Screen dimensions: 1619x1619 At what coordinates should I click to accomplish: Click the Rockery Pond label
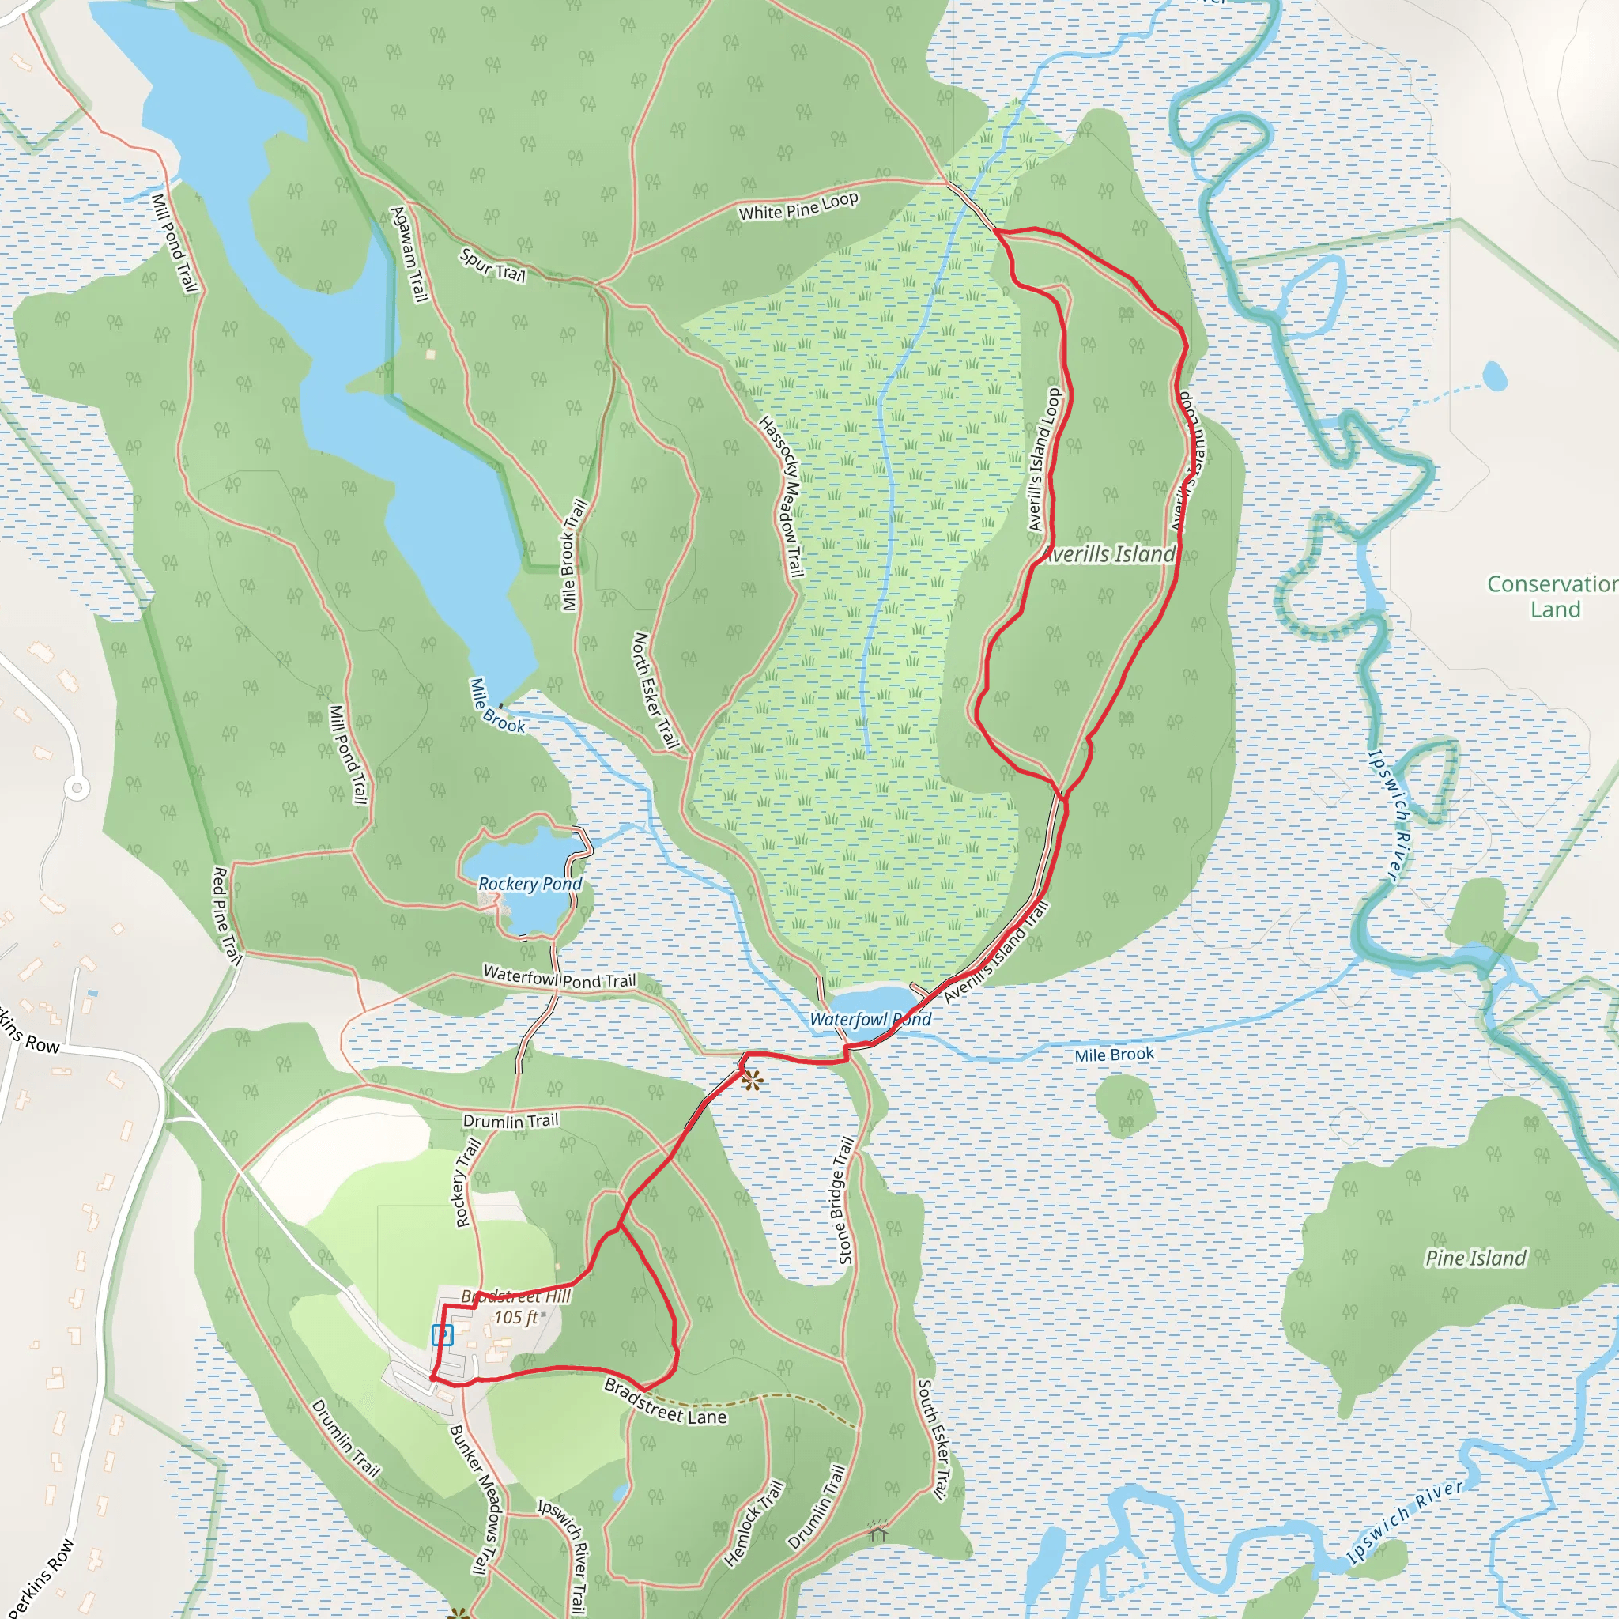pyautogui.click(x=530, y=884)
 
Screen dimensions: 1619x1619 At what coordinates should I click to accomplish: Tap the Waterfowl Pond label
pyautogui.click(x=870, y=1020)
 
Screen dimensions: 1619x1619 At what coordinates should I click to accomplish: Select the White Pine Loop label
pyautogui.click(x=798, y=206)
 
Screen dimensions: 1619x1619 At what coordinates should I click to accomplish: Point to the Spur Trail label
pyautogui.click(x=492, y=266)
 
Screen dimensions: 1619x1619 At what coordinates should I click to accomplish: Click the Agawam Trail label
pyautogui.click(x=409, y=254)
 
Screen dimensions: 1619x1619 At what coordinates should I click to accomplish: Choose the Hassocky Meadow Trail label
pyautogui.click(x=781, y=496)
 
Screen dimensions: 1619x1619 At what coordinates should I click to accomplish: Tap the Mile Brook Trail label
pyautogui.click(x=574, y=555)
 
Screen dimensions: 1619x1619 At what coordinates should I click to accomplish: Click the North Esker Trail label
pyautogui.click(x=655, y=689)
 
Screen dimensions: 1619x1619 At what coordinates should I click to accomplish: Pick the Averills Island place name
pyautogui.click(x=1111, y=554)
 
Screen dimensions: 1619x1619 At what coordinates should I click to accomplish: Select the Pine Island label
pyautogui.click(x=1476, y=1258)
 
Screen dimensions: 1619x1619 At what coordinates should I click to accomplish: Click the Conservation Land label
pyautogui.click(x=1552, y=596)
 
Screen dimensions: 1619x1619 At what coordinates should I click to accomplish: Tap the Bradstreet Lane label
pyautogui.click(x=666, y=1402)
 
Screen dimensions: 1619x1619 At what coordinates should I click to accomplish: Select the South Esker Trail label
pyautogui.click(x=933, y=1438)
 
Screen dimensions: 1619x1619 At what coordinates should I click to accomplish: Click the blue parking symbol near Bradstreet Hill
pyautogui.click(x=442, y=1335)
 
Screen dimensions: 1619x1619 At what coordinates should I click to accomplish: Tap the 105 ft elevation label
pyautogui.click(x=515, y=1317)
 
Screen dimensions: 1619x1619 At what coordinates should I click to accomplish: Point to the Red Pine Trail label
pyautogui.click(x=226, y=916)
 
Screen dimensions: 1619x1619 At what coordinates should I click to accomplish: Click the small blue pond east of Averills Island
pyautogui.click(x=1494, y=376)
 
